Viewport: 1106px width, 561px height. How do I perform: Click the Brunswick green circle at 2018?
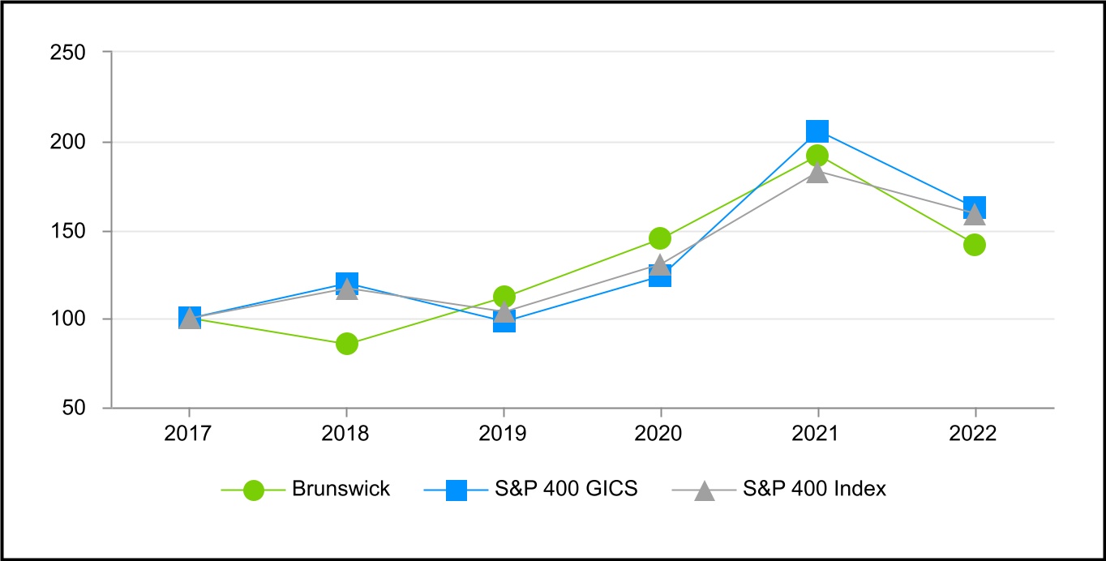(x=346, y=344)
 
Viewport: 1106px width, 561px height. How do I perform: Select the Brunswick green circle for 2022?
(x=974, y=245)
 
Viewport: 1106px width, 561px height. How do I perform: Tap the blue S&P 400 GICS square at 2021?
(x=817, y=131)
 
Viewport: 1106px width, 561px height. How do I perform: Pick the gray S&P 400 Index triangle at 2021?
(x=817, y=173)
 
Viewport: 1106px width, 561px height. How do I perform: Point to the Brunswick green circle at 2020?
(x=660, y=238)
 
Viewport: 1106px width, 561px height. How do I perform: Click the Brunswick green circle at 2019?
(x=504, y=297)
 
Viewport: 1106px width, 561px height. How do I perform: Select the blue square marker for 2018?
(x=346, y=283)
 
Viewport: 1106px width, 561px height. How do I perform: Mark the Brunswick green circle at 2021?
(x=817, y=156)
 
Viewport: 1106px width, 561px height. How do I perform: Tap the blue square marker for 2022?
(x=975, y=207)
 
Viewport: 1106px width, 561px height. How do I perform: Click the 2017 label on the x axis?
(x=189, y=434)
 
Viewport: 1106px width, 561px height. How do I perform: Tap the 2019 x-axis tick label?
(x=504, y=434)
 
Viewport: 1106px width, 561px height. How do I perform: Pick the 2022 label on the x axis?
(x=974, y=434)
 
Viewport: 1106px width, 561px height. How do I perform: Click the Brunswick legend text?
(x=341, y=490)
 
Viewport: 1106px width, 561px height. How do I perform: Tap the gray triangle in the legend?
(x=705, y=490)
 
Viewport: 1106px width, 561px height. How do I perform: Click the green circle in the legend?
(x=254, y=490)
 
